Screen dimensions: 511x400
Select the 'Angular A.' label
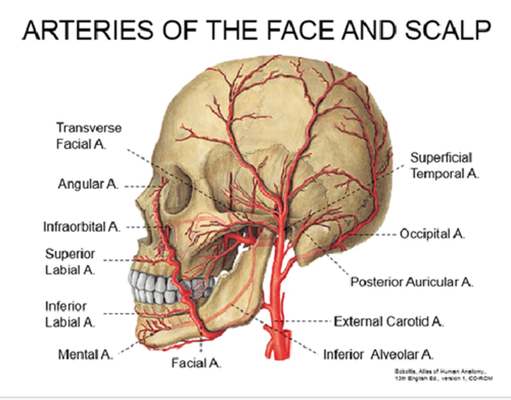coord(88,184)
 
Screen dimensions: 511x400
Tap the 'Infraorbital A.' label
coord(82,227)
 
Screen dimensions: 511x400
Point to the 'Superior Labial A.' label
coord(70,262)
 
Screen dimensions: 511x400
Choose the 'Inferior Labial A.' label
coord(70,314)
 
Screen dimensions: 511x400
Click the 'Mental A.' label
coord(86,354)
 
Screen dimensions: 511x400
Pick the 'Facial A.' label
coord(196,363)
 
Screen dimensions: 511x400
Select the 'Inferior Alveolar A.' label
coord(378,354)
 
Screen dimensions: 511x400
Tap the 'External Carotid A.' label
coord(389,321)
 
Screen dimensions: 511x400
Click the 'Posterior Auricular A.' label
coord(412,282)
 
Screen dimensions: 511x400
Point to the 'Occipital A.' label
coord(432,234)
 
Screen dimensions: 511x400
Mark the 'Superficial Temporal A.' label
coord(445,166)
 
